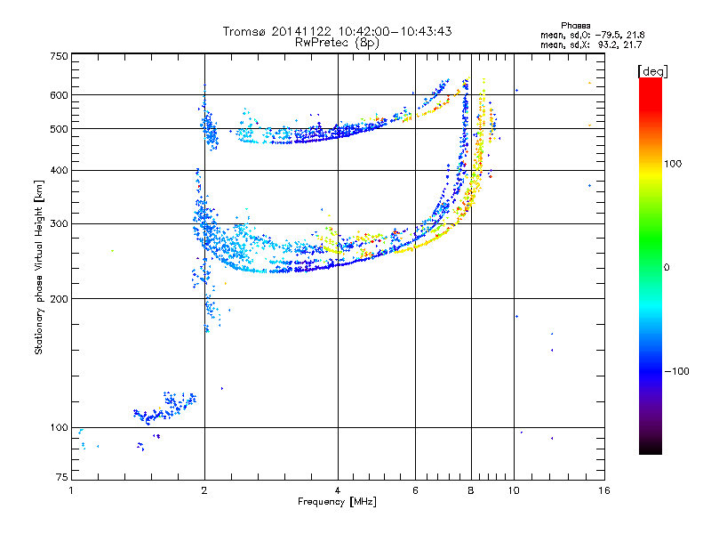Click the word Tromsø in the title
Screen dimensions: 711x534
pyautogui.click(x=245, y=31)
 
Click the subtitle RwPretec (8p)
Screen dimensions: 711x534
pyautogui.click(x=337, y=43)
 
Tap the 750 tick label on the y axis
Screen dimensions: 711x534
pyautogui.click(x=59, y=56)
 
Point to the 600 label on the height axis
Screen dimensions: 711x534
pyautogui.click(x=59, y=95)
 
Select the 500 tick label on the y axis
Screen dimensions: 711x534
pyautogui.click(x=59, y=129)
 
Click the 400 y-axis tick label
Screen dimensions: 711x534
pyautogui.click(x=59, y=171)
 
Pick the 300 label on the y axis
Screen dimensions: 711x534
pyautogui.click(x=59, y=224)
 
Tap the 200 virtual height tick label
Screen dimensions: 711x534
pyautogui.click(x=59, y=299)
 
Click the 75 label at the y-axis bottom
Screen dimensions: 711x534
pyautogui.click(x=62, y=477)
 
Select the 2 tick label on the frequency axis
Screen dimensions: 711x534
pyautogui.click(x=204, y=490)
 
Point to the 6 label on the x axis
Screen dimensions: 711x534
pyautogui.click(x=415, y=490)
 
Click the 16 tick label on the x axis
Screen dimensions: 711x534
pyautogui.click(x=604, y=490)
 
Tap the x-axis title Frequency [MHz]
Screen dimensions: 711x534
pyautogui.click(x=337, y=502)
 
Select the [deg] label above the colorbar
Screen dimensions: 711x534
pyautogui.click(x=652, y=71)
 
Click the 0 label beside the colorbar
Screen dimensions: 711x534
pyautogui.click(x=667, y=267)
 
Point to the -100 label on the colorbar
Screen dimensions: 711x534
pyautogui.click(x=677, y=371)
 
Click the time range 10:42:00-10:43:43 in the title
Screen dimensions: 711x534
pyautogui.click(x=395, y=31)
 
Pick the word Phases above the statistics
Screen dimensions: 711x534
pyautogui.click(x=575, y=26)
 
